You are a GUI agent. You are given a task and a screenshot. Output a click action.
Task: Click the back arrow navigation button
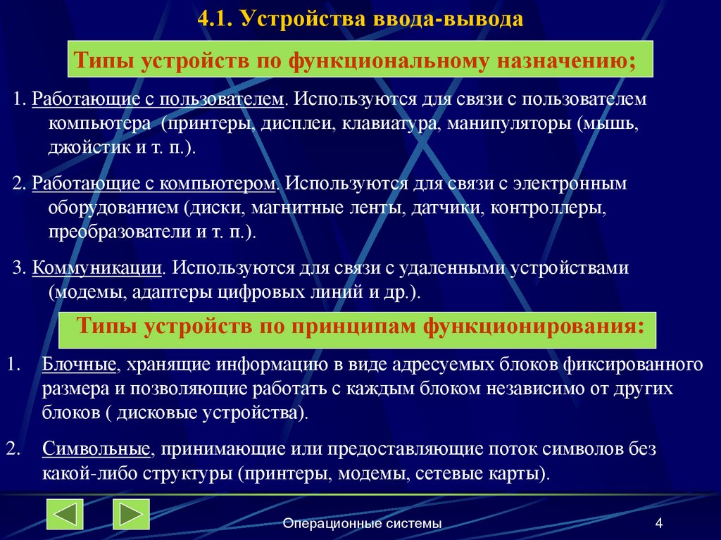click(x=65, y=514)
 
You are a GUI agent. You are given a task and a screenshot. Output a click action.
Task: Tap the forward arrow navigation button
click(x=131, y=514)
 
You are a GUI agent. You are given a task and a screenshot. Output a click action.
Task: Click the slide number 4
click(x=658, y=523)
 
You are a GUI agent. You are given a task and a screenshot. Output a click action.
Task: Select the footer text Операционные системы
click(x=363, y=523)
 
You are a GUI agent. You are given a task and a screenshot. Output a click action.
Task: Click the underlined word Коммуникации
click(x=98, y=268)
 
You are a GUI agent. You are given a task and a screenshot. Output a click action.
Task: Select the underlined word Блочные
click(x=79, y=364)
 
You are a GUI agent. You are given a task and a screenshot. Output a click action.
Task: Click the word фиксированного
click(x=633, y=364)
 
